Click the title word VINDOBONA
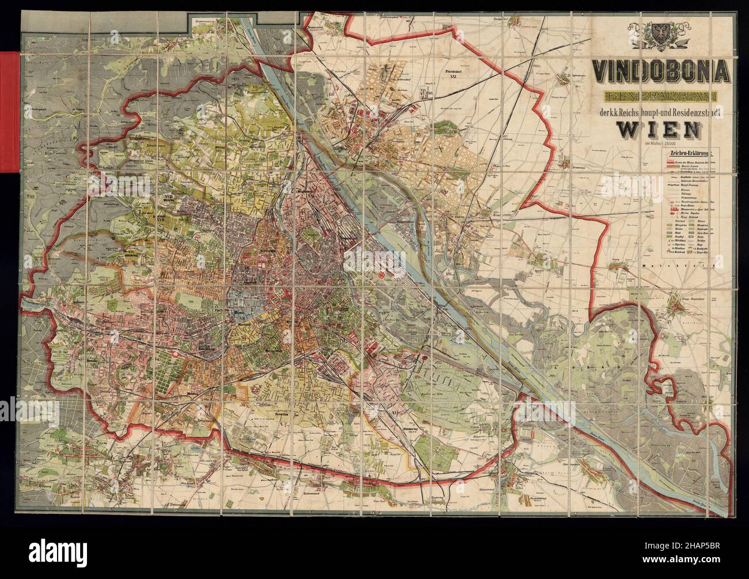coord(662,71)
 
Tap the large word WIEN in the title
coord(659,131)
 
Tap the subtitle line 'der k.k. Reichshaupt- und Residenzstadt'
coord(662,113)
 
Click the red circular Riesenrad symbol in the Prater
coord(383,277)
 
